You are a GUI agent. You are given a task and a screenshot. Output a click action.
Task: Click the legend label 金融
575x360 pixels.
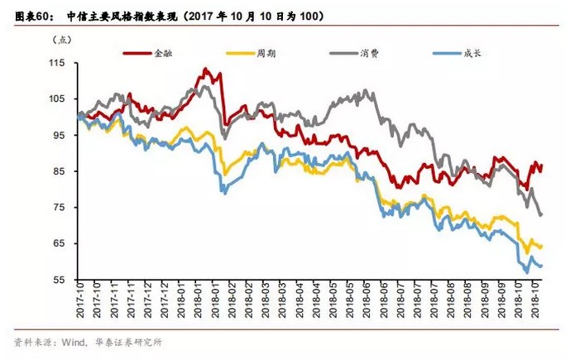click(x=164, y=53)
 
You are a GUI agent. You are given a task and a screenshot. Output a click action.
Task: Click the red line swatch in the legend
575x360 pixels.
click(x=137, y=53)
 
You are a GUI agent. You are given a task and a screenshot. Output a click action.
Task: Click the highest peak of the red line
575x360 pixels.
click(x=204, y=69)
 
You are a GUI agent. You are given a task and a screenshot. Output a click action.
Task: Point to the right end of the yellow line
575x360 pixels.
click(x=541, y=247)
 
